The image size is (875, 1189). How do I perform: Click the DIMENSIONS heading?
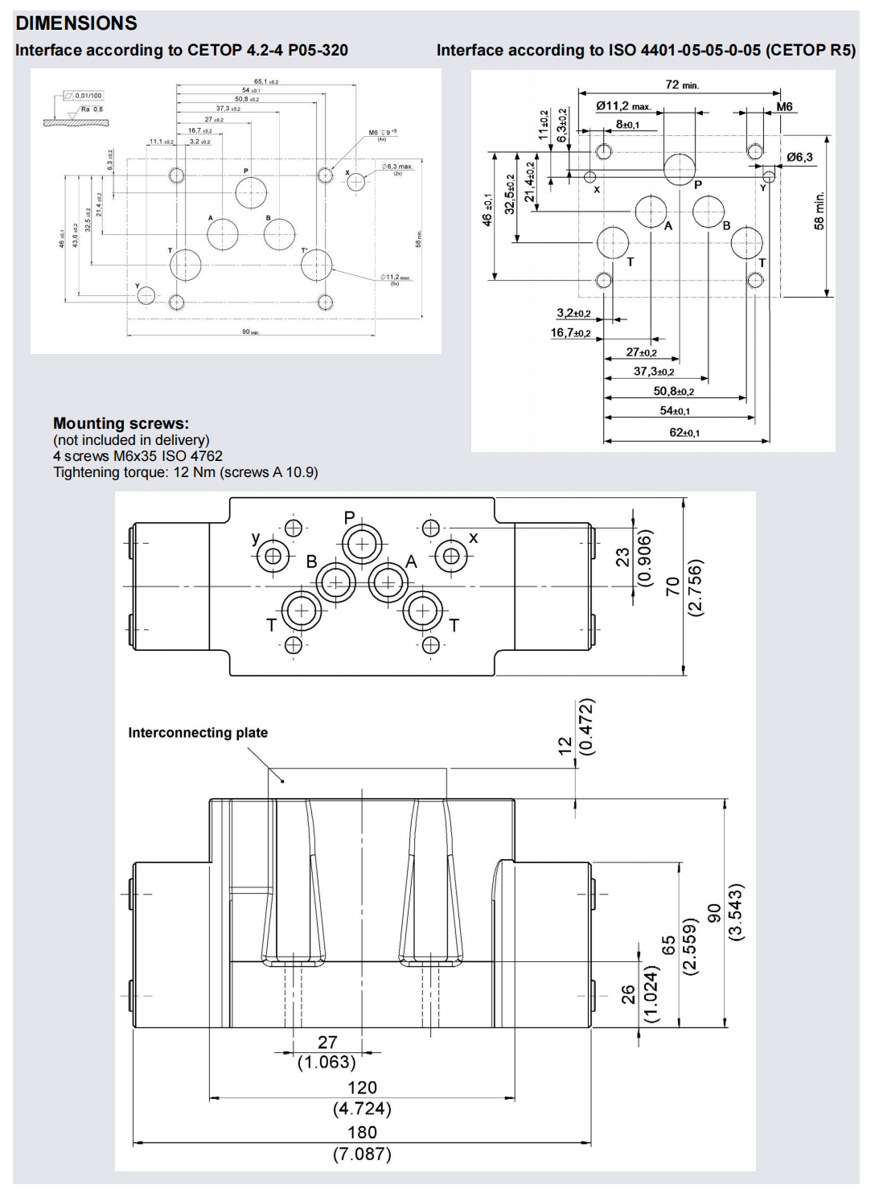coord(76,23)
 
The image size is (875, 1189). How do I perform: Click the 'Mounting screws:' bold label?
coord(121,423)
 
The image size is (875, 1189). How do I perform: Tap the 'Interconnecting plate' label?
coord(198,732)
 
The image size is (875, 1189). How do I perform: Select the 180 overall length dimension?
coord(362,1132)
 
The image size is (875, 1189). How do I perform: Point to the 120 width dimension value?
coord(362,1088)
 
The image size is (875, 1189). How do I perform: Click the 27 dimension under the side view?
coord(327,1043)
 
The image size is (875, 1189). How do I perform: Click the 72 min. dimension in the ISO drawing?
coord(682,84)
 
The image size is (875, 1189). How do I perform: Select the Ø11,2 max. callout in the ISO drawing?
coord(623,105)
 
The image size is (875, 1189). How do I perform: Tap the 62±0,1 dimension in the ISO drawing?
coord(684,433)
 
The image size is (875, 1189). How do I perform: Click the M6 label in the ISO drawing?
coord(784,107)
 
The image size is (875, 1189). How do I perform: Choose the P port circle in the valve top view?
coord(362,545)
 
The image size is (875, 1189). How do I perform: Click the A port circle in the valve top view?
coord(388,582)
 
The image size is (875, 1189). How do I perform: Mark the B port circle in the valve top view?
coord(336,582)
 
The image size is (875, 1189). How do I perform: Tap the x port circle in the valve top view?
coord(451,556)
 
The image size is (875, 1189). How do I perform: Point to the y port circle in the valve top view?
coord(273,556)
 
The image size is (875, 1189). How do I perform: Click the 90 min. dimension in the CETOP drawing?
coord(250,331)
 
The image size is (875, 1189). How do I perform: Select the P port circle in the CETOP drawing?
coord(251,193)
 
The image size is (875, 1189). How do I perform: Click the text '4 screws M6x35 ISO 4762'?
coord(138,456)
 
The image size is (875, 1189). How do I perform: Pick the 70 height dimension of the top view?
coord(672,586)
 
